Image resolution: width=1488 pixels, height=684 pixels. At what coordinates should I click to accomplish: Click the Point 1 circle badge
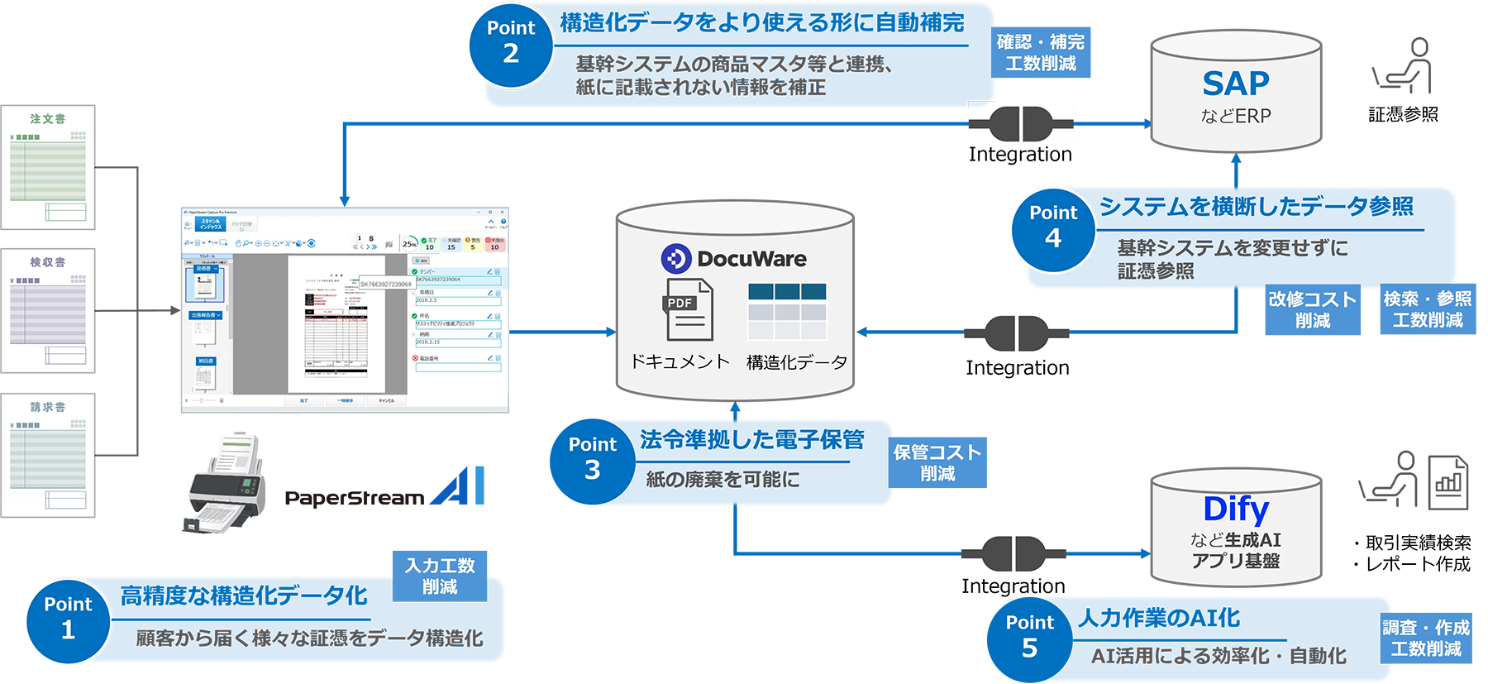(68, 618)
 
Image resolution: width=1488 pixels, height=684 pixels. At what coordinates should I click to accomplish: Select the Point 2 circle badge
(511, 42)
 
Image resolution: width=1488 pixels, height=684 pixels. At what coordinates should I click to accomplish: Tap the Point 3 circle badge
(592, 458)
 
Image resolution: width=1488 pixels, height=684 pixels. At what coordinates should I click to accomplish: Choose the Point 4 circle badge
(1052, 227)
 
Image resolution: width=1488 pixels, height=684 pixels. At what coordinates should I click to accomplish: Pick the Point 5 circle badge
(1029, 636)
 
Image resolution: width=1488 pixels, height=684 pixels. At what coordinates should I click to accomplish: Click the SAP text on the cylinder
(1235, 84)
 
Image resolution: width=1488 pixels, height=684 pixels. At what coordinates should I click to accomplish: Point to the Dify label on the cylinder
(1236, 509)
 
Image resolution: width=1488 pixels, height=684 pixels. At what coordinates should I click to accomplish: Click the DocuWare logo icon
(675, 259)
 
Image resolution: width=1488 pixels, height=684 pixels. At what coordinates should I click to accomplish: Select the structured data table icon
(786, 311)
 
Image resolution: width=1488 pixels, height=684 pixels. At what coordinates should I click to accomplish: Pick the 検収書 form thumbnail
(48, 310)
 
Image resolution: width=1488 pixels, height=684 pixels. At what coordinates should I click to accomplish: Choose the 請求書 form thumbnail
(48, 455)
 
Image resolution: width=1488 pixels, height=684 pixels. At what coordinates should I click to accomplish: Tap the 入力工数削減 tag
(440, 576)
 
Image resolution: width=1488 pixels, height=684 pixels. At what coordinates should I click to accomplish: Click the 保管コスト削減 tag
(937, 463)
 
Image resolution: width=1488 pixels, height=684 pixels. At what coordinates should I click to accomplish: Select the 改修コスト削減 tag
(1312, 310)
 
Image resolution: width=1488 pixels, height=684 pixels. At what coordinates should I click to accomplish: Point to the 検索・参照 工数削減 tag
(1427, 310)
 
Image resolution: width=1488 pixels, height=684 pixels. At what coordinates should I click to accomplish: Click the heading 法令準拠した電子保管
(751, 440)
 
